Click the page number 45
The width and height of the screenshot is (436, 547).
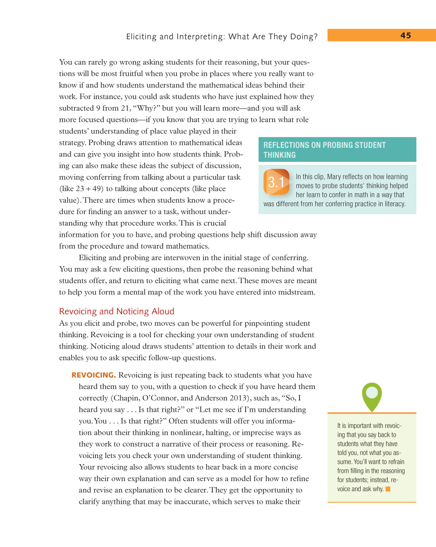coord(405,36)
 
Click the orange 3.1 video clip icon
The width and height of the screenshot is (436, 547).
coord(276,182)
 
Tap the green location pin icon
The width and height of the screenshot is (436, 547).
coord(372,396)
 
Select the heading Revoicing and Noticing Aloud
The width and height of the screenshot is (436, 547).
coord(117,311)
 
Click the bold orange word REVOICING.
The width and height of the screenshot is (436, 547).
coord(93,375)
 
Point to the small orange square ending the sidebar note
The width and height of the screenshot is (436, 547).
coord(388,489)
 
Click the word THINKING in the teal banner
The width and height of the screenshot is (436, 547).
coord(279,155)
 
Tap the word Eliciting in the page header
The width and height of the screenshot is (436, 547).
coord(141,37)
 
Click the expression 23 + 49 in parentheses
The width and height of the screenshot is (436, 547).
coord(89,189)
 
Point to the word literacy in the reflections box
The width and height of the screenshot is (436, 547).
coord(395,204)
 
